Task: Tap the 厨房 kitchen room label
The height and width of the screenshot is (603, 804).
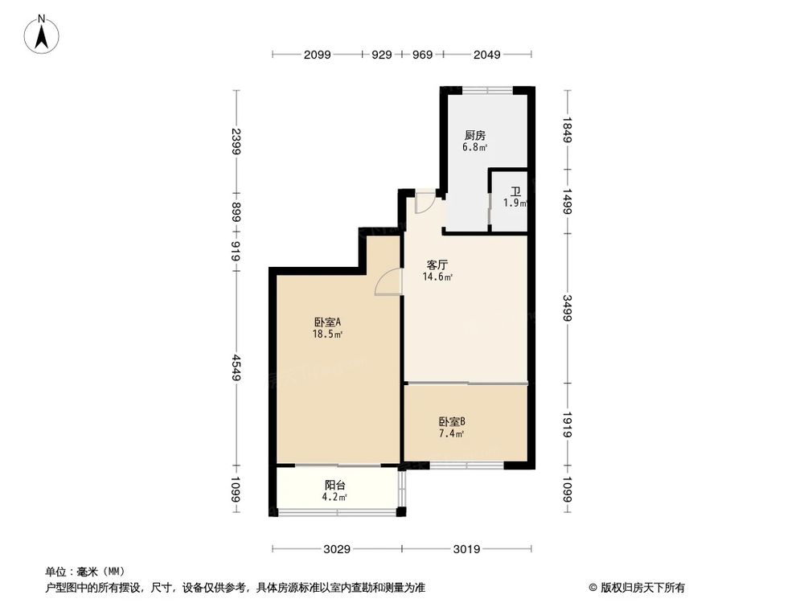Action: (475, 136)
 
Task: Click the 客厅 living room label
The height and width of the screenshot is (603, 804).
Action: (437, 264)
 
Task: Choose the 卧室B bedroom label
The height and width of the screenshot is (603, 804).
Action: (452, 421)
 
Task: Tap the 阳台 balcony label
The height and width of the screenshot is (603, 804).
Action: (336, 485)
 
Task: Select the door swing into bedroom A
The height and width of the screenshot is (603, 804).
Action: (388, 283)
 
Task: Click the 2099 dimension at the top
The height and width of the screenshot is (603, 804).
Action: (317, 55)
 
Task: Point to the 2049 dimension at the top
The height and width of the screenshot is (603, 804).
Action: (487, 55)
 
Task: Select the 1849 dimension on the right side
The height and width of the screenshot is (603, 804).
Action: (568, 129)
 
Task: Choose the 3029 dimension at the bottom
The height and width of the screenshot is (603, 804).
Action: (337, 549)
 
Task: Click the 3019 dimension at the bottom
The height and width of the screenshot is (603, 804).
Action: (466, 549)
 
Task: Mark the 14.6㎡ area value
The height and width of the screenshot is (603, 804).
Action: (437, 277)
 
